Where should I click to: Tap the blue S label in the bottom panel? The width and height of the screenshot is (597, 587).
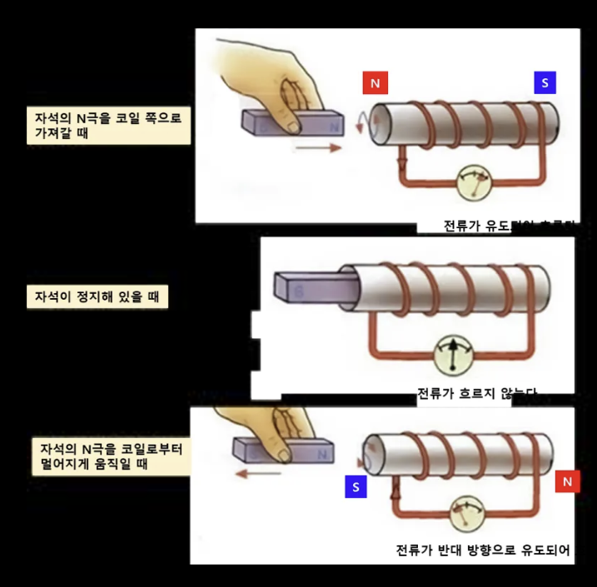coord(355,488)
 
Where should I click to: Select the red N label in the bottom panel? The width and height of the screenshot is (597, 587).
coord(567,481)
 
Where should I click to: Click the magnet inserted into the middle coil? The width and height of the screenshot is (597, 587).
coord(312,287)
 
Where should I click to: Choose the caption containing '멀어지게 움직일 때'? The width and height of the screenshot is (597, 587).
coord(108,456)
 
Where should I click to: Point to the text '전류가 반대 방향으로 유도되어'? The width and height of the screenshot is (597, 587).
coord(483,551)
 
